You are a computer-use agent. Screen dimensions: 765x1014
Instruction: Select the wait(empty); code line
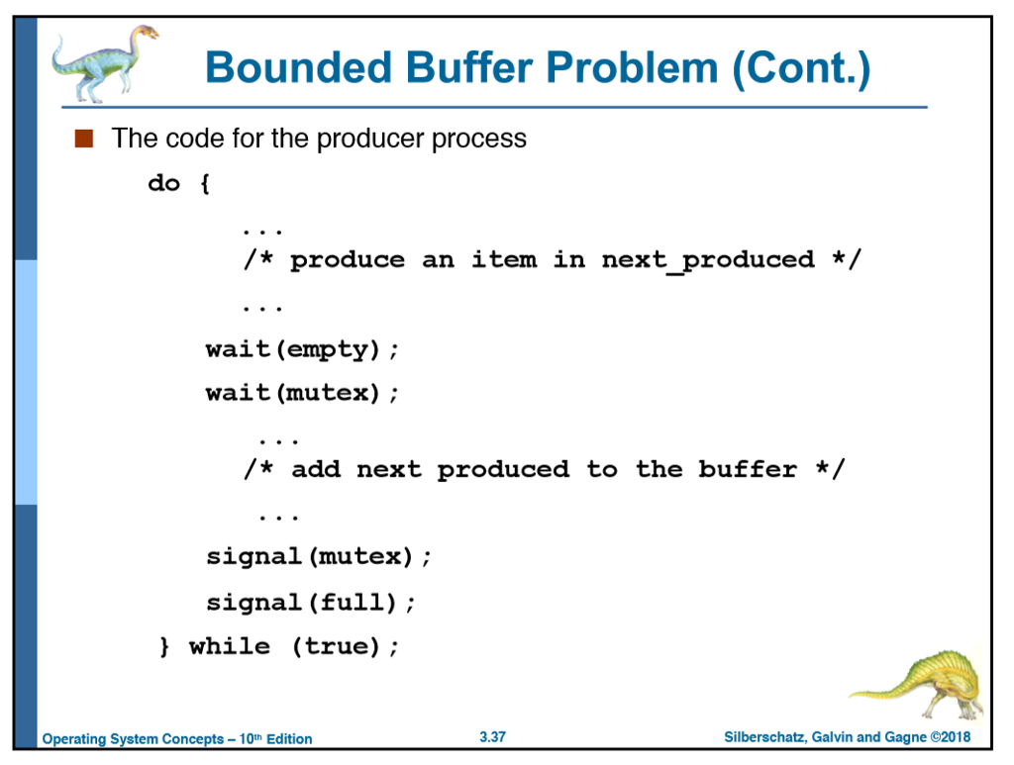click(x=302, y=348)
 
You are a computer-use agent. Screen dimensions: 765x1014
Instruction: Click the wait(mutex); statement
click(x=302, y=393)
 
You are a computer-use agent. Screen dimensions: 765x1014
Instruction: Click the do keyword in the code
click(x=163, y=183)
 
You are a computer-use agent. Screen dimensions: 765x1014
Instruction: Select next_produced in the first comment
click(x=707, y=259)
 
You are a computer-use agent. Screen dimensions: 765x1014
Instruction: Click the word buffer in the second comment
click(x=748, y=469)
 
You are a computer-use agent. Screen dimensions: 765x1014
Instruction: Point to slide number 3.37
click(x=492, y=737)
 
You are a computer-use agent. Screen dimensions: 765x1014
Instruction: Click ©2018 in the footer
click(x=951, y=738)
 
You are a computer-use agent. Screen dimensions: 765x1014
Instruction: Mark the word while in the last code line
click(x=229, y=646)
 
